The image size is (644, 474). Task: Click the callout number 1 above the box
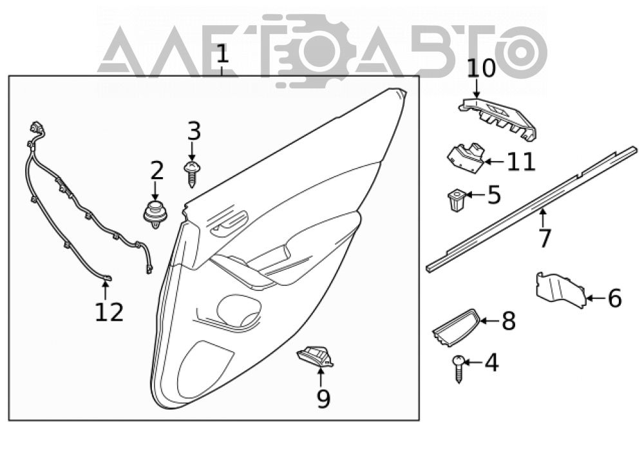pos(222,55)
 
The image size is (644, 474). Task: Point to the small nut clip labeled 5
pos(455,200)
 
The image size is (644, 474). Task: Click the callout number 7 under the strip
pos(544,238)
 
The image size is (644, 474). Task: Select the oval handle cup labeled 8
pos(455,327)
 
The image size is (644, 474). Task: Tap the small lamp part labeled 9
pos(315,357)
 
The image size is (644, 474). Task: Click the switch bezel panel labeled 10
pos(498,118)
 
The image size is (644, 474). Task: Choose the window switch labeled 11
pos(466,158)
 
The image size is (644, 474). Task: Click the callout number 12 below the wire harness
pos(109,312)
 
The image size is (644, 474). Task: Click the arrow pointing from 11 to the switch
pos(495,162)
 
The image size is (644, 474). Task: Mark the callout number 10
pos(481,68)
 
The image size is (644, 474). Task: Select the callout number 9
pos(323,398)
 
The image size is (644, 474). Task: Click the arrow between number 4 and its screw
pos(474,363)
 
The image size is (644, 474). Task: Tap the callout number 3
pos(194,131)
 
